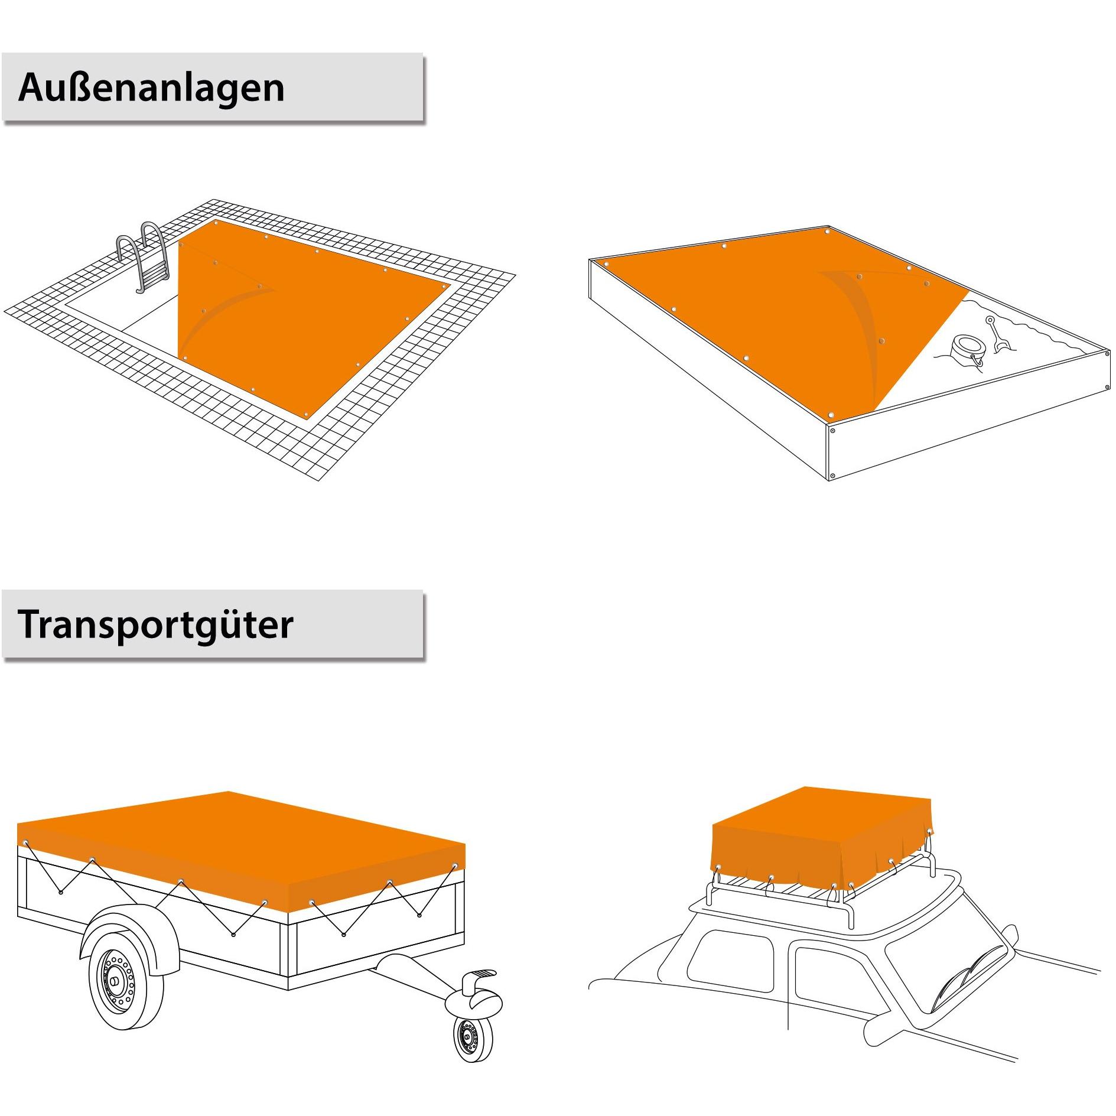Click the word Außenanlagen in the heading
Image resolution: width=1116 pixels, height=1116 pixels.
pyautogui.click(x=151, y=89)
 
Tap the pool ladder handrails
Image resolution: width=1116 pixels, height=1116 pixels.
pyautogui.click(x=145, y=254)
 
